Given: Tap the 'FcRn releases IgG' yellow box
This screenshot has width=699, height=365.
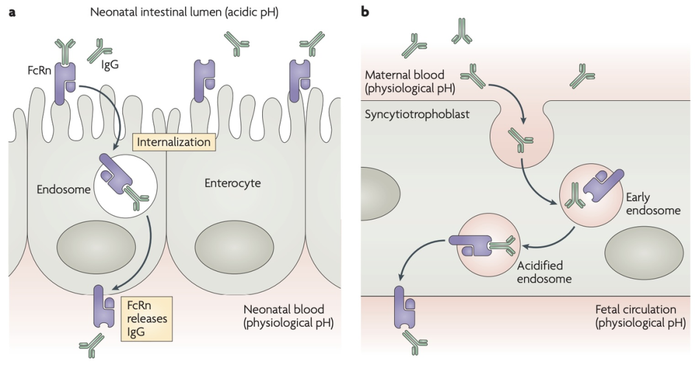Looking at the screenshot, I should tap(146, 318).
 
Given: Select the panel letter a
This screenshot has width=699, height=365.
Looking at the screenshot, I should tap(12, 11).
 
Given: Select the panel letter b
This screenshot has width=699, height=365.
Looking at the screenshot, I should tap(364, 11).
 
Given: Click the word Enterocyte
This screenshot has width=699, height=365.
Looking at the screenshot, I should tap(232, 183).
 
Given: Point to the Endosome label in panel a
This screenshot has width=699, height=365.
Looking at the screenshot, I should tap(63, 190).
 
